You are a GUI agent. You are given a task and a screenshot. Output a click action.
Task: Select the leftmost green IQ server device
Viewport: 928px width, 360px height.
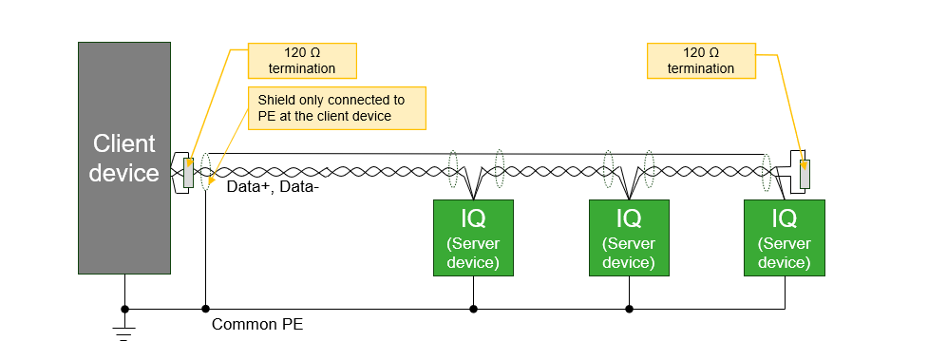[x=473, y=237]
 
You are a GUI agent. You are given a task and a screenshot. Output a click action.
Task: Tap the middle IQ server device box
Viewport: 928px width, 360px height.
[x=629, y=237]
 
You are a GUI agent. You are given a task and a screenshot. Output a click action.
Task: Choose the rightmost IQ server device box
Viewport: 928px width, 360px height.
[x=785, y=237]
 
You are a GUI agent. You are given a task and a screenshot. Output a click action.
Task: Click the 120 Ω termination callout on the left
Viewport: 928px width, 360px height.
[x=302, y=60]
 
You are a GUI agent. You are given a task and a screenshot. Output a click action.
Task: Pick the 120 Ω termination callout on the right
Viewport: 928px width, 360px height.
[x=701, y=60]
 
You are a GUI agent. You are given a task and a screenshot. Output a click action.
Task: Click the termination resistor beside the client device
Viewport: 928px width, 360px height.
[x=189, y=172]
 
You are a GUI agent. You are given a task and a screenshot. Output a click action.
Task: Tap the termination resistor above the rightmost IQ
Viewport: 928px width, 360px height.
[x=805, y=174]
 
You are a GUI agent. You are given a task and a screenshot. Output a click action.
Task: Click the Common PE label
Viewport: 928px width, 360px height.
[x=256, y=325]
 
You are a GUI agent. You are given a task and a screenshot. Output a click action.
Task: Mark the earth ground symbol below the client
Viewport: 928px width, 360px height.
[x=124, y=332]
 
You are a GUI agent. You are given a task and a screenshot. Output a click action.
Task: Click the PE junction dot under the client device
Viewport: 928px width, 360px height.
[x=124, y=308]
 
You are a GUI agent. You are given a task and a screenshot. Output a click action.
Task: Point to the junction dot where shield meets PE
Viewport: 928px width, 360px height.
[x=205, y=308]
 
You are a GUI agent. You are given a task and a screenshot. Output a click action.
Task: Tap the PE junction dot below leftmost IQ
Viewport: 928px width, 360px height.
[x=473, y=308]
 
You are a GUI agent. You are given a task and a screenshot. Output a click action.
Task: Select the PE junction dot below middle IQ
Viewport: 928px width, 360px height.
[x=629, y=308]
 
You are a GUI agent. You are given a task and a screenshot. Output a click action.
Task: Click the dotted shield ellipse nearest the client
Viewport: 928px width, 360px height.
[x=205, y=172]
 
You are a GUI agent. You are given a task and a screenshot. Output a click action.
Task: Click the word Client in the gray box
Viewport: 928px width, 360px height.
[x=124, y=144]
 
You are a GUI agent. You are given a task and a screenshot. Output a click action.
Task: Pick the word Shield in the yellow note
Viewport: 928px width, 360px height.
[x=276, y=100]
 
